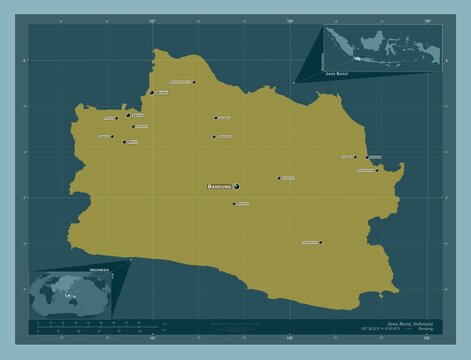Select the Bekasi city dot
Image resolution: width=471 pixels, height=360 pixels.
coord(150,93)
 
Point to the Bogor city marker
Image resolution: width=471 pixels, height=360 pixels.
coord(123,142)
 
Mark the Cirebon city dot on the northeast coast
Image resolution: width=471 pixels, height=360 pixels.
coord(366,157)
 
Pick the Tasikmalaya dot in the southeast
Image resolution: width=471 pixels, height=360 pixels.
coord(320,242)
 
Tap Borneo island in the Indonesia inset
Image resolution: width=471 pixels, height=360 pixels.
coord(371,46)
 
